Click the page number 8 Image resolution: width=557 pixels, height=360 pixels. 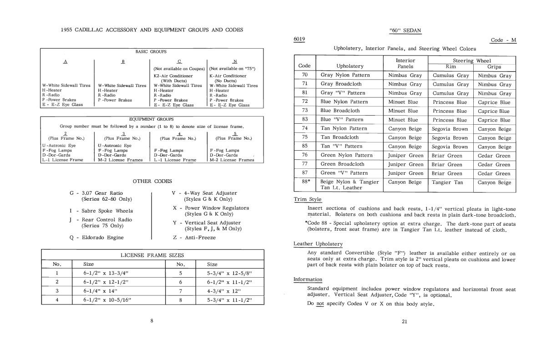click(152, 321)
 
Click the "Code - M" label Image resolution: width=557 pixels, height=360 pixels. click(504, 40)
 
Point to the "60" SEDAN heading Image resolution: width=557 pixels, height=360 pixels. click(405, 30)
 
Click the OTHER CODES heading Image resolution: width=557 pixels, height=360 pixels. click(152, 181)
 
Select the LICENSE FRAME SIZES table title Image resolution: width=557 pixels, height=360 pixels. click(152, 255)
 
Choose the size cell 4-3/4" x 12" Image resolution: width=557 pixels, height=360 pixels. click(223, 290)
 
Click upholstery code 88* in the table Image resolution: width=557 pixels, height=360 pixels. click(305, 182)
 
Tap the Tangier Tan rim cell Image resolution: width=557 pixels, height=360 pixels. click(448, 182)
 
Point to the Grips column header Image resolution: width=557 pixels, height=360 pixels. click(495, 66)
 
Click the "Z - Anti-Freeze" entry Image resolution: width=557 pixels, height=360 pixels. click(194, 237)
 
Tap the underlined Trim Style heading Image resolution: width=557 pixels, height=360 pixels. click(308, 199)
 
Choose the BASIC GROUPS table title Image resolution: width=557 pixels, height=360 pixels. click(152, 52)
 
